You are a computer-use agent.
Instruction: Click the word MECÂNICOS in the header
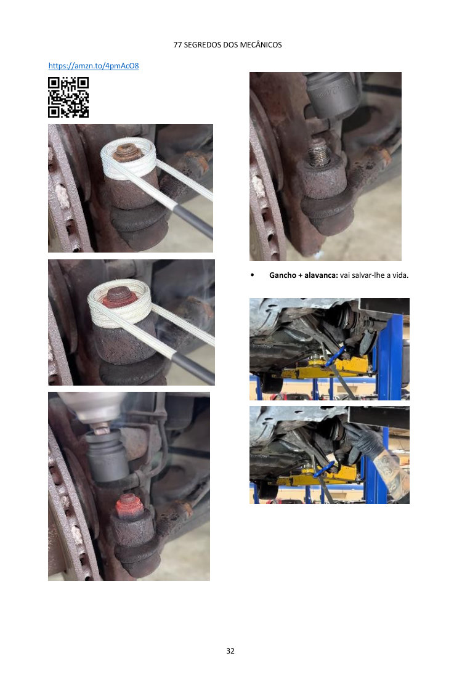tap(261, 44)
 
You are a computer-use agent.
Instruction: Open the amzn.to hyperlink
tap(94, 66)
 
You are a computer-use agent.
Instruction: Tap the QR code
tap(68, 97)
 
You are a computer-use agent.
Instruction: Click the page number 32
tap(230, 650)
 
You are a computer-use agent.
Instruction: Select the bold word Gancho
tap(283, 275)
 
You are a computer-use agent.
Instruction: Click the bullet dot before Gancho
tap(253, 275)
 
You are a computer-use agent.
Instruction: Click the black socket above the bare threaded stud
tap(331, 94)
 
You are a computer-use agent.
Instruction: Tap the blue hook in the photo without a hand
tap(334, 356)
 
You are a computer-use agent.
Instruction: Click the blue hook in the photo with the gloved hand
tap(325, 469)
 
